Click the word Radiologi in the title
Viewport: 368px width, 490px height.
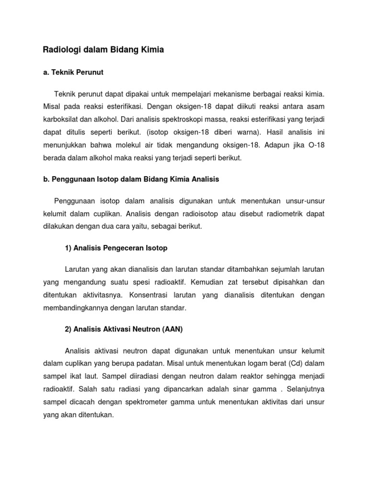[x=60, y=50]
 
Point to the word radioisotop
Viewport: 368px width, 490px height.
[x=201, y=214]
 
